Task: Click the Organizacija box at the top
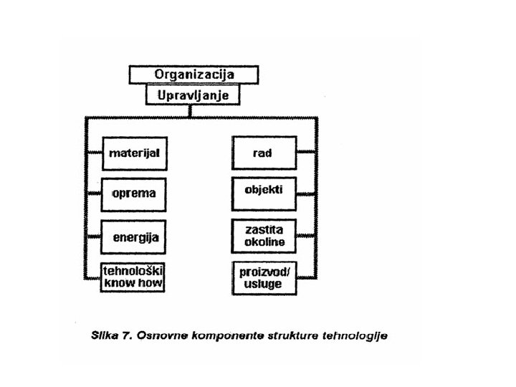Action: (193, 75)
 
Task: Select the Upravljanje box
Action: (192, 94)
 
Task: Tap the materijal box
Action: (134, 153)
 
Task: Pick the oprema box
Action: (134, 193)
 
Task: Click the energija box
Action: (134, 235)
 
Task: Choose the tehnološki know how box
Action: (134, 277)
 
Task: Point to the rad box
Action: (264, 153)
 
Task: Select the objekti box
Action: (264, 191)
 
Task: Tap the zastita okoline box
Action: (264, 235)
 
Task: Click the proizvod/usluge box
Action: (264, 277)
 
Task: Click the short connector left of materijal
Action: (94, 153)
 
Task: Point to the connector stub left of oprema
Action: (94, 193)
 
